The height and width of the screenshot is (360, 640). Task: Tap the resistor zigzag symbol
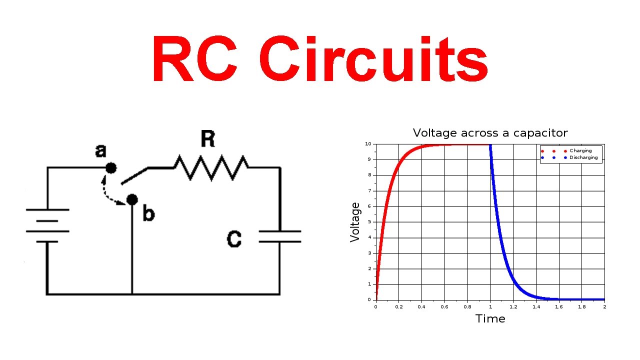210,167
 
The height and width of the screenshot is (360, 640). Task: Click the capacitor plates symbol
279,236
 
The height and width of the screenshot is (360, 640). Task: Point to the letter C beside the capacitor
234,239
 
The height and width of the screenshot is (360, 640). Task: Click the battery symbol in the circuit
47,225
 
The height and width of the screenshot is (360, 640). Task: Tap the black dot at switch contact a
111,168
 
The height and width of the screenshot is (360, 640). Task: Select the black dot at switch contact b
132,200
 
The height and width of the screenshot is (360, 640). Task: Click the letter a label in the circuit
101,150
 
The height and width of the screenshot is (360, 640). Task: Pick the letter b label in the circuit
148,214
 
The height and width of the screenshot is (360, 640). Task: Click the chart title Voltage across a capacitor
490,133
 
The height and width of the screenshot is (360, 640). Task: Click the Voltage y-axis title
355,222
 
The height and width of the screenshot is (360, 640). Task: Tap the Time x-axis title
490,319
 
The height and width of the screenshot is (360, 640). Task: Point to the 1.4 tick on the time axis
536,306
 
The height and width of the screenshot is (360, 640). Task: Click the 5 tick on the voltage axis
370,222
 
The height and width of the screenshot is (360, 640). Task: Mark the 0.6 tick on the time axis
444,306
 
